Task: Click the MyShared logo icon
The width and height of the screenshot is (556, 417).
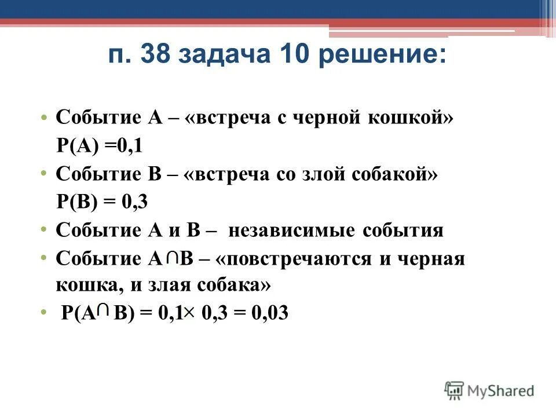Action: coord(453,389)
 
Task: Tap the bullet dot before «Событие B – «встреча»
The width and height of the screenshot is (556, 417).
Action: coord(45,174)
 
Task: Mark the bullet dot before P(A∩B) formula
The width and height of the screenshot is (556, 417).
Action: coord(45,313)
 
